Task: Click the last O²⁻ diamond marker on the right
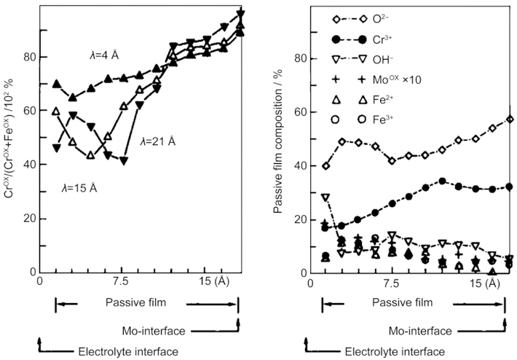click(x=510, y=120)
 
